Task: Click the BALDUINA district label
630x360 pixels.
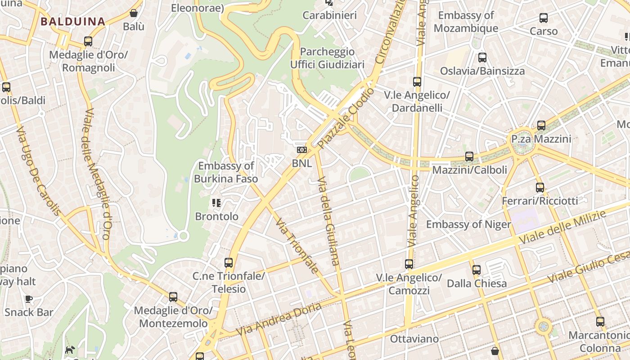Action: [x=72, y=21]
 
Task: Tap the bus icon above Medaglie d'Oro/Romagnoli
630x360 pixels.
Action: [x=88, y=41]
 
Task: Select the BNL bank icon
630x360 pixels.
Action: [x=301, y=149]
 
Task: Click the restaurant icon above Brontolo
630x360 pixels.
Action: [x=216, y=203]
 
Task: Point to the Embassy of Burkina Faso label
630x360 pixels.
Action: [x=226, y=172]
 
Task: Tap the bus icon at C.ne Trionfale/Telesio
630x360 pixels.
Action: [x=229, y=262]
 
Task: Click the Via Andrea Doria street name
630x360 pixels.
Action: [x=279, y=319]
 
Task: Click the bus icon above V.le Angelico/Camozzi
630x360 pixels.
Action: [x=409, y=264]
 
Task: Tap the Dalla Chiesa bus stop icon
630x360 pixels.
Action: [x=477, y=270]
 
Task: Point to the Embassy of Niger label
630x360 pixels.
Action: [x=468, y=224]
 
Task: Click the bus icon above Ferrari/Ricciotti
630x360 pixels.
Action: [x=540, y=188]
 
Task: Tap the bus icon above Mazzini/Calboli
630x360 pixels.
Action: [x=469, y=157]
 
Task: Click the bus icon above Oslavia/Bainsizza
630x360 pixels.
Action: [x=482, y=58]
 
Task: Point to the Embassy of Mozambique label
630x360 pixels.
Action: [x=466, y=22]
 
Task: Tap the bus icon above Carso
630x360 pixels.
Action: [x=544, y=18]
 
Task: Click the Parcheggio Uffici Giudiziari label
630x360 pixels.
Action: [x=327, y=58]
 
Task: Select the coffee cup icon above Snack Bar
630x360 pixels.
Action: [x=29, y=299]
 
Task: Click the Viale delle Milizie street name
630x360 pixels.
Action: [x=562, y=228]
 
